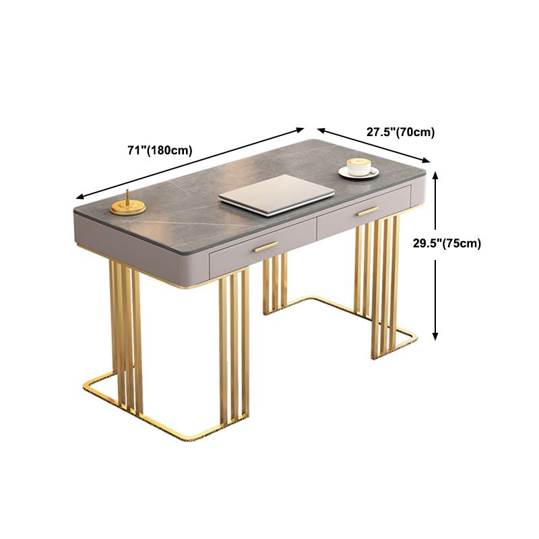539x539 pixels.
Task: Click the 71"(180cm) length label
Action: tap(160, 150)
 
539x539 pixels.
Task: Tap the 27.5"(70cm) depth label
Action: tap(400, 132)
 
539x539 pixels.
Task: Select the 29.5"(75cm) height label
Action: tap(447, 243)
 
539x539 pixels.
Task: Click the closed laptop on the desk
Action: tap(276, 194)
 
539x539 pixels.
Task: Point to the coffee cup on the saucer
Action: tap(359, 166)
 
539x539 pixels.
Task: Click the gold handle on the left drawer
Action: tap(265, 247)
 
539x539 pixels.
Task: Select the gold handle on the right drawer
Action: tap(368, 211)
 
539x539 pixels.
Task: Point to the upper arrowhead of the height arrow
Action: tap(437, 177)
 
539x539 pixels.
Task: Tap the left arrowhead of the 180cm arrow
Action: tap(79, 197)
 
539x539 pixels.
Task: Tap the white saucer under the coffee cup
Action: tap(358, 174)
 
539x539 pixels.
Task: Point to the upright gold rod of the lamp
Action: tap(128, 198)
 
